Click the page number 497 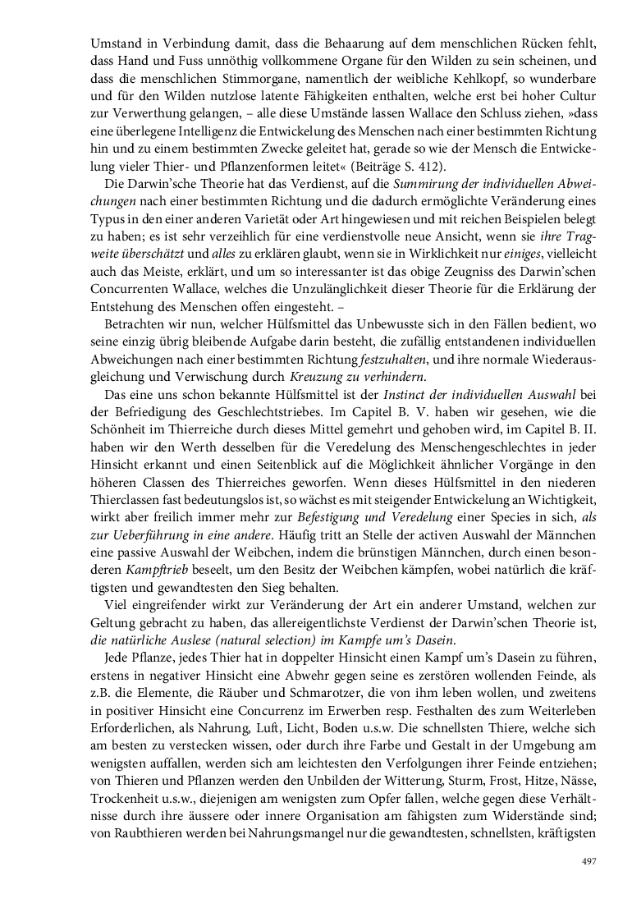pos(588,861)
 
